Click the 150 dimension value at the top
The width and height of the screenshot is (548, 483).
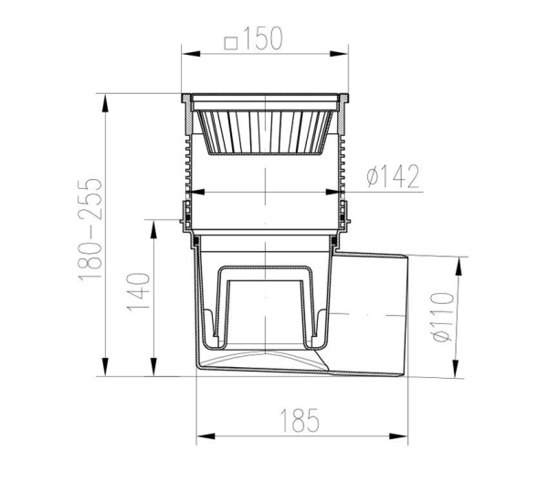263,38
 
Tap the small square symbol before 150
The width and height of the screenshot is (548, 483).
231,43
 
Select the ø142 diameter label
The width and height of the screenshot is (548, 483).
393,176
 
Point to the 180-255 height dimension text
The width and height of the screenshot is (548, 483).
90,229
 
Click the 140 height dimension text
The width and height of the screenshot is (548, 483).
139,292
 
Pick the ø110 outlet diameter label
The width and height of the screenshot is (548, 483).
442,317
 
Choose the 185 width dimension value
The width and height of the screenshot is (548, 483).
300,420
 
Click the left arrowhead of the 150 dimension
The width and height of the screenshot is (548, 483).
191,54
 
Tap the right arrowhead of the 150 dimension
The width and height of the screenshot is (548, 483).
339,54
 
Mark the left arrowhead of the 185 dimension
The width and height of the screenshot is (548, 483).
205,436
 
